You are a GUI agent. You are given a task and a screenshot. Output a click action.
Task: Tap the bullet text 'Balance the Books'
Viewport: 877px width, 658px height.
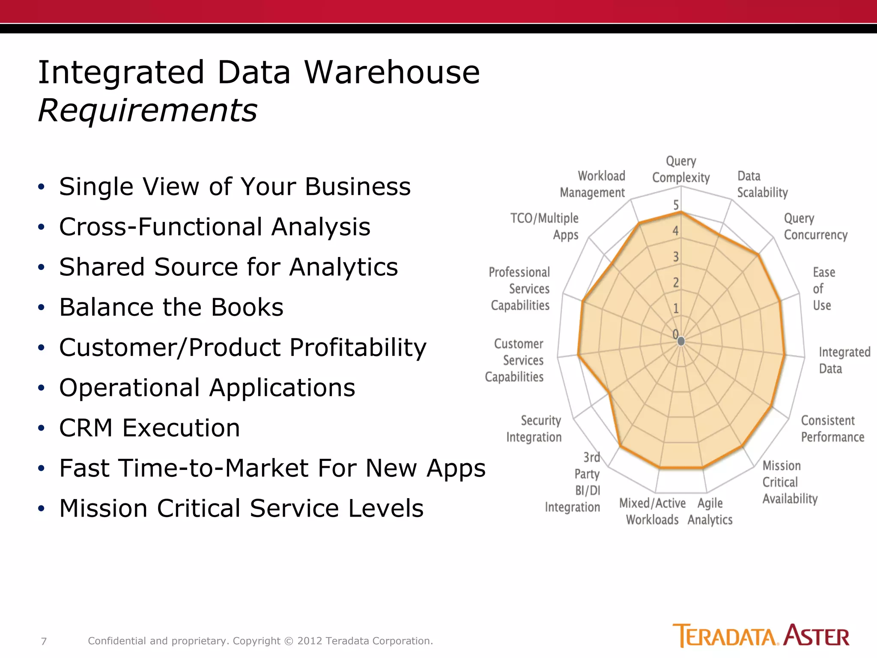(171, 307)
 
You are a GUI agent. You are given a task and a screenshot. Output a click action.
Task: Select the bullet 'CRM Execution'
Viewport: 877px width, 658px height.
(149, 428)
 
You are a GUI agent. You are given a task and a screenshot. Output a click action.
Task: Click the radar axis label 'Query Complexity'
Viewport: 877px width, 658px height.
(681, 170)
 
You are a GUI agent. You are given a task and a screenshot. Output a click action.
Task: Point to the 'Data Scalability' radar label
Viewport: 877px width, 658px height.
(762, 185)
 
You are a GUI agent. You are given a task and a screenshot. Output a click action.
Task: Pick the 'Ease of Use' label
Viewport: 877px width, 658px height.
(823, 289)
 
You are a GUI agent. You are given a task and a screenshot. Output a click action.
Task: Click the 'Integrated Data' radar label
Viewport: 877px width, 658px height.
(844, 360)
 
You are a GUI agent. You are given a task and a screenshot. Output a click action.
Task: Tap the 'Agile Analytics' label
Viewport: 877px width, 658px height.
(710, 511)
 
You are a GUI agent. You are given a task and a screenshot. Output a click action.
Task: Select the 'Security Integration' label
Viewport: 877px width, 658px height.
(534, 429)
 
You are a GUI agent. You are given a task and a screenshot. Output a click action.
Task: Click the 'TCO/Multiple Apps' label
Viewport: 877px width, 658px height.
(545, 227)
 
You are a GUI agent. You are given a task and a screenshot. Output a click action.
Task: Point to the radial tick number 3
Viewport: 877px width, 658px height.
(676, 257)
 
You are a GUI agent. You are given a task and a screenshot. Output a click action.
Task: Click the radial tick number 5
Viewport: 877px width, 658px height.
(676, 205)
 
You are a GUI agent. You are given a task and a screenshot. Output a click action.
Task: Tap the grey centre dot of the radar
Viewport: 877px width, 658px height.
(681, 341)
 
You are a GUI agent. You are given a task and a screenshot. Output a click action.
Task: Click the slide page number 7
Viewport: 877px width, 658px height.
(44, 641)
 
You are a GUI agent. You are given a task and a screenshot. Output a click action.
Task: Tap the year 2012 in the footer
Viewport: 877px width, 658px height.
(310, 641)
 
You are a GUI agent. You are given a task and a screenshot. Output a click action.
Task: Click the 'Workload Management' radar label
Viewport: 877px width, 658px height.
(593, 185)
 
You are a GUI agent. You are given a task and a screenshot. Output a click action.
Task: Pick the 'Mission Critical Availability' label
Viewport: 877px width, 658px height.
(789, 482)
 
